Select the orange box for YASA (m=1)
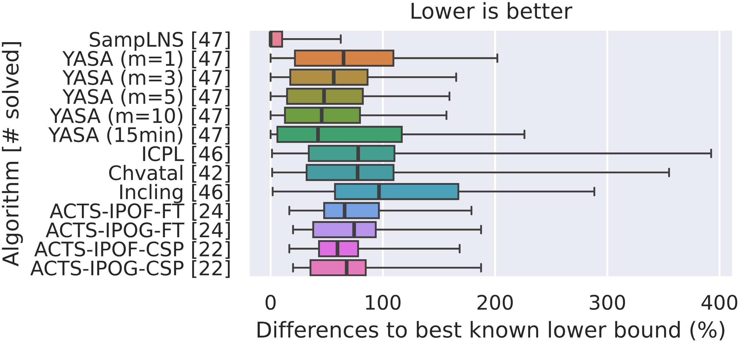click(344, 58)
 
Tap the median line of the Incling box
click(379, 192)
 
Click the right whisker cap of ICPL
click(711, 153)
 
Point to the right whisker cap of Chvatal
click(669, 172)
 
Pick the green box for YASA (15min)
click(339, 134)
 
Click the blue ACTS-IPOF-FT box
click(352, 211)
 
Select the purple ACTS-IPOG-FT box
click(344, 230)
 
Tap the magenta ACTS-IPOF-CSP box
click(339, 249)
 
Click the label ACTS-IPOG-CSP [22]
click(131, 269)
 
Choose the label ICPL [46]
click(186, 154)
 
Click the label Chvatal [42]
click(169, 173)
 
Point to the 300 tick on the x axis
click(607, 303)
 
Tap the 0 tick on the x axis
click(271, 303)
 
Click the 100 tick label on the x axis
click(383, 303)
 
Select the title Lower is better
click(491, 12)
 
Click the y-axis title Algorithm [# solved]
click(11, 153)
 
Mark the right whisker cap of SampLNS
click(341, 39)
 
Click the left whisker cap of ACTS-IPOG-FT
click(293, 230)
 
